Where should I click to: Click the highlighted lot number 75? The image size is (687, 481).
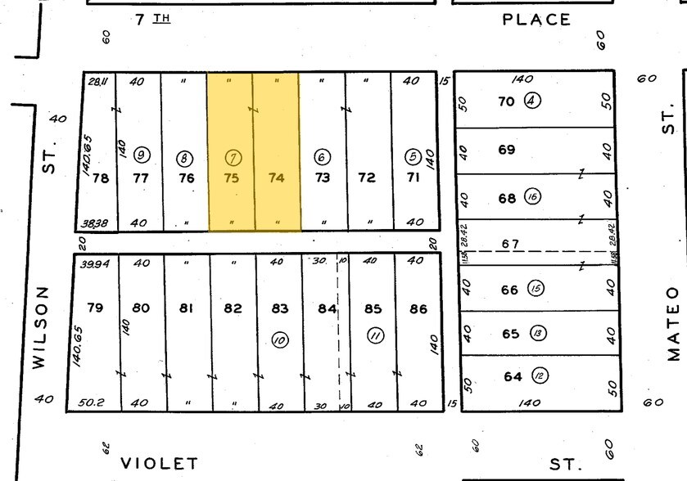coord(232,178)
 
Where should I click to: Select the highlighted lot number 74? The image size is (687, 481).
coord(277,178)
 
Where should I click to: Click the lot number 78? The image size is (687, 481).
coord(100,178)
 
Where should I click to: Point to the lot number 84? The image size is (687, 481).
coord(327,308)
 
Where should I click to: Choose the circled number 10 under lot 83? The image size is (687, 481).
coord(280,339)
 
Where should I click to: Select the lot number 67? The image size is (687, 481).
coord(511,244)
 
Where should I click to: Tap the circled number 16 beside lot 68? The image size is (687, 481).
coord(534,198)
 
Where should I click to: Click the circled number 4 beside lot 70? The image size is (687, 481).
coord(533,101)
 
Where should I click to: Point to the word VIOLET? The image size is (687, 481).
coord(160,464)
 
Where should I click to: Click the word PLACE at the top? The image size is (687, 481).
coord(536,20)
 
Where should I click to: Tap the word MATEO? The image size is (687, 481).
coord(672,322)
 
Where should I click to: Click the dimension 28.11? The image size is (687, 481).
coord(97,81)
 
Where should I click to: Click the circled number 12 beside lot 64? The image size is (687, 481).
coord(540,375)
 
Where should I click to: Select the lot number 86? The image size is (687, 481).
coord(418,308)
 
